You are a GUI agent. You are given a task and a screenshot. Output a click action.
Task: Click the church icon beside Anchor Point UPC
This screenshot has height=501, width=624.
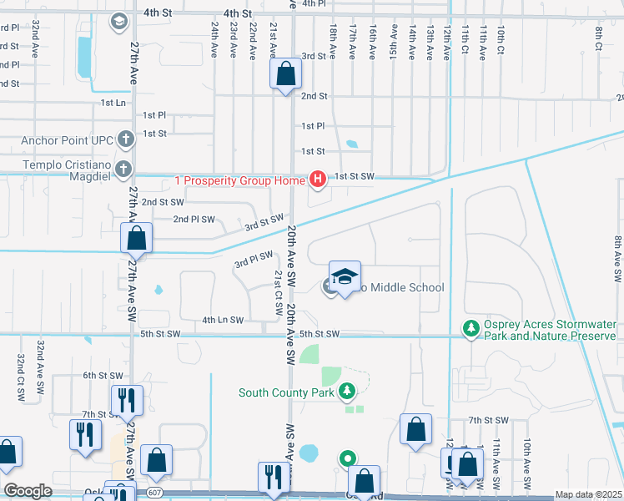click(125, 139)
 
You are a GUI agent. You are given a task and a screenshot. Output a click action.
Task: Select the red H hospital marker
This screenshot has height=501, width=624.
click(317, 179)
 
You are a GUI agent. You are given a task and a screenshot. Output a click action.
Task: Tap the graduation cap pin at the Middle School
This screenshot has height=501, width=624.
click(345, 278)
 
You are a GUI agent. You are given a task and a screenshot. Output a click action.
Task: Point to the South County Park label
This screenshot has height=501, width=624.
click(286, 392)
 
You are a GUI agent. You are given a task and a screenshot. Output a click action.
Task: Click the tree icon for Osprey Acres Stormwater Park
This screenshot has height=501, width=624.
click(471, 327)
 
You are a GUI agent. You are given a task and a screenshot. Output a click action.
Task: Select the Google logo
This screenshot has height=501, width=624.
click(28, 491)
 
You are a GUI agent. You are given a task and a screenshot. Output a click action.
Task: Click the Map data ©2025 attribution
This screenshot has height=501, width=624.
click(588, 494)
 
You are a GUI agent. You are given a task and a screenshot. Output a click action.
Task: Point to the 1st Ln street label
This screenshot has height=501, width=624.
click(113, 103)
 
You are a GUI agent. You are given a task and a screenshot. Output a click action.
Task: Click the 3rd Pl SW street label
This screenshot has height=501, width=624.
click(254, 261)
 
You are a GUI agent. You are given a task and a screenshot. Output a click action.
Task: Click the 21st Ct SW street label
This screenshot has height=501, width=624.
click(277, 292)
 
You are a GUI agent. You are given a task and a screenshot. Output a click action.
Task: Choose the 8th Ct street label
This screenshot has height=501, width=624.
click(599, 38)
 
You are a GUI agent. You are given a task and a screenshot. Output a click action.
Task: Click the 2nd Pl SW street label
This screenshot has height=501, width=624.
click(194, 220)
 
